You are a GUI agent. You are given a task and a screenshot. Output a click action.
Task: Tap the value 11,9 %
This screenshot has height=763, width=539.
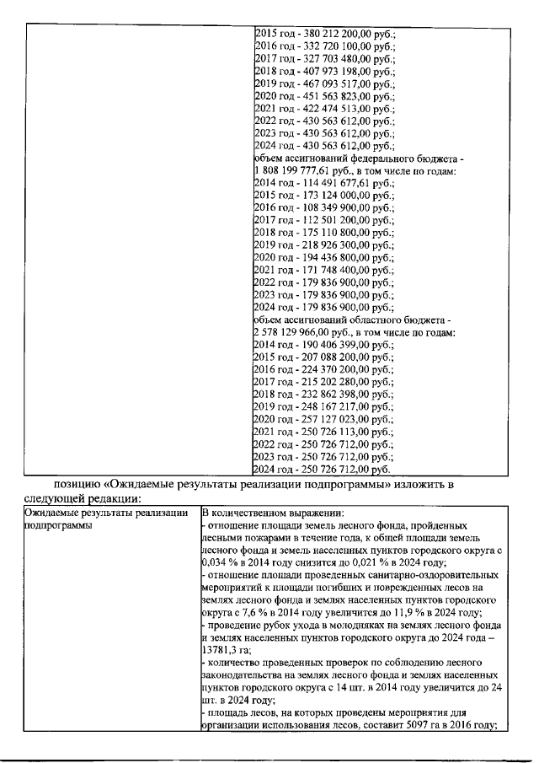pos(396,613)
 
